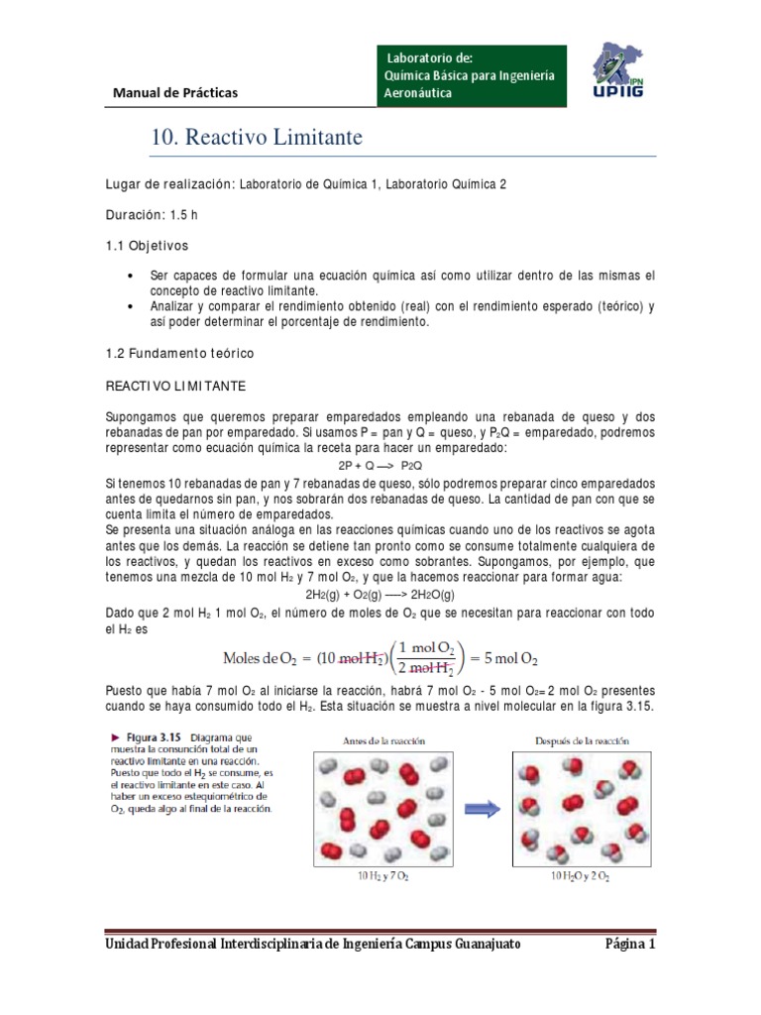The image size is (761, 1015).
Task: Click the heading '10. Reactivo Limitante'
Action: (257, 138)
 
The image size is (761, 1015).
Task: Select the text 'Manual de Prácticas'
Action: (175, 93)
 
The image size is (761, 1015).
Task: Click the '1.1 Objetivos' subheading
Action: (146, 244)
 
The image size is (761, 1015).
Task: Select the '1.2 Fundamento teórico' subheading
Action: (180, 352)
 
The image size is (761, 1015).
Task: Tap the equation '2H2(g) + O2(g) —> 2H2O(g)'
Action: (380, 594)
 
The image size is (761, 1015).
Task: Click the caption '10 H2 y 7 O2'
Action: (381, 877)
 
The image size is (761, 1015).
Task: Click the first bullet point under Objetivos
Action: (133, 275)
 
